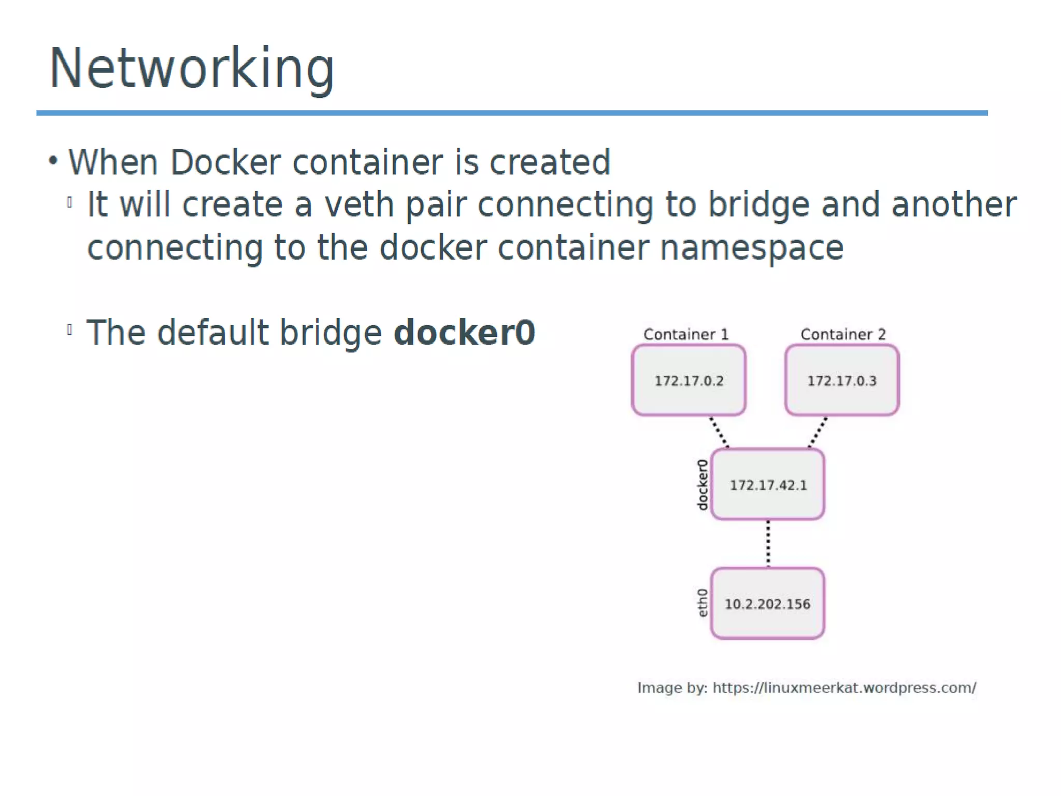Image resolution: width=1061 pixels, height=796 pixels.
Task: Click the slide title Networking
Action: pos(192,68)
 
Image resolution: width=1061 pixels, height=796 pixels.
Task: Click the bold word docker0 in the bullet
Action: pos(464,332)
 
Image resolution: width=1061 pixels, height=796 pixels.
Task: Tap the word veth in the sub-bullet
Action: pos(359,204)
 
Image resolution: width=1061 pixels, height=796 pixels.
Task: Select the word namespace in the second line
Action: pos(752,247)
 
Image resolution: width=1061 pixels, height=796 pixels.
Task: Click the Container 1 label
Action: pos(686,334)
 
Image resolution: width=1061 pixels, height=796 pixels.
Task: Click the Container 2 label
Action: pos(843,334)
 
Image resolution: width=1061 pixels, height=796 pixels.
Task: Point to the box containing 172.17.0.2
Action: pos(689,380)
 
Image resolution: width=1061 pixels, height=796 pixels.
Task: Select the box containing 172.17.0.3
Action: pos(842,380)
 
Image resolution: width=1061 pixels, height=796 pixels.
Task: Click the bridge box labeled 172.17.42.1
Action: pos(768,485)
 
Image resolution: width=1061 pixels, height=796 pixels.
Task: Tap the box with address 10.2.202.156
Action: pos(767,604)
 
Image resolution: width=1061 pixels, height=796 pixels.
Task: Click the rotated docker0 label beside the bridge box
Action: pos(702,485)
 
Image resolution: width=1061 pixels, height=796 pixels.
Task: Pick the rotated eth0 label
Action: pos(702,603)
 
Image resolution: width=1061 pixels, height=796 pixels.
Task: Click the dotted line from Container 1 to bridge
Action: pos(719,432)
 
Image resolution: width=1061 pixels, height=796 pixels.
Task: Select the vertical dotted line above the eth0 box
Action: pos(768,543)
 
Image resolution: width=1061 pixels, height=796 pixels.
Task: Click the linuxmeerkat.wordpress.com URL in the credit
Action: pos(844,688)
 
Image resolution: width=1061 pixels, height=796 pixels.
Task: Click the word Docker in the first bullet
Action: pos(225,162)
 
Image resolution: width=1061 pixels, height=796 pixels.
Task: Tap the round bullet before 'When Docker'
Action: pos(53,161)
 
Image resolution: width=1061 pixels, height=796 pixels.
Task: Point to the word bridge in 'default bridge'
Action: pos(331,332)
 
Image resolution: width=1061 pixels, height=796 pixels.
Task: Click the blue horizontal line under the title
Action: pos(512,113)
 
